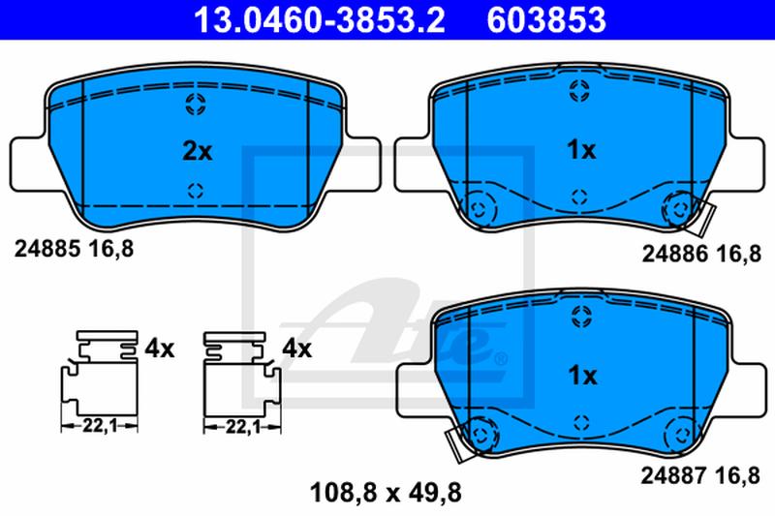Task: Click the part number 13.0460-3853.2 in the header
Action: coord(320,19)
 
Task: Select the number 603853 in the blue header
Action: coord(546,19)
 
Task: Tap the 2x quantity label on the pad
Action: coord(198,151)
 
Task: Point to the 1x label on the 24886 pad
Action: coord(582,150)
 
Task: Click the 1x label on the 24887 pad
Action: coord(583,376)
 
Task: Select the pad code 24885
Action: coord(47,249)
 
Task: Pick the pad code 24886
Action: coord(674,254)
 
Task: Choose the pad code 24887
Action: coord(673,476)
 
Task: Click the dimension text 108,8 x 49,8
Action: coord(386,493)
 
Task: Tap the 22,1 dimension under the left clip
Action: coord(99,426)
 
